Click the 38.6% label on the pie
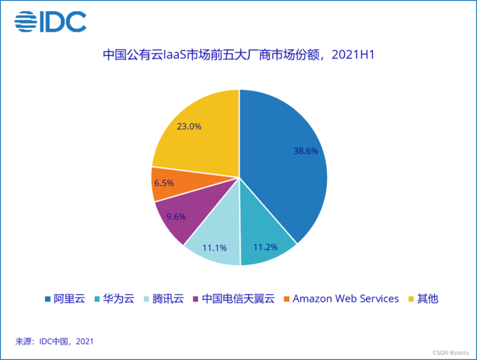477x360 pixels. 305,151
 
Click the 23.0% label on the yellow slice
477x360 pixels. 189,126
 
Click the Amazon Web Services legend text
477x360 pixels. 345,299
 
